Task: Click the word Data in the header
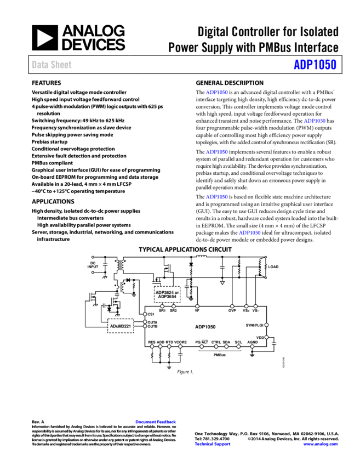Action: click(39, 65)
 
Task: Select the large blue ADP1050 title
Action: click(315, 65)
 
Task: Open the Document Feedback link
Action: click(156, 422)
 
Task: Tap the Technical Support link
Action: click(213, 444)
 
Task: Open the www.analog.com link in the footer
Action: click(321, 444)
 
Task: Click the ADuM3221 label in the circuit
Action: click(121, 326)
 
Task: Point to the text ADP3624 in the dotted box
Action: click(164, 292)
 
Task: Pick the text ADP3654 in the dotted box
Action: click(167, 297)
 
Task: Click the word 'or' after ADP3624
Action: click(176, 292)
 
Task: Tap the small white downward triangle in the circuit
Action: click(222, 283)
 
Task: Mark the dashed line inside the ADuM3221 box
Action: click(121, 333)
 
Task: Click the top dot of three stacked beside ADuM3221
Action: click(145, 314)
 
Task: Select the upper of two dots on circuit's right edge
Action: click(266, 325)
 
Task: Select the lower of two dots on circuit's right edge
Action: click(266, 337)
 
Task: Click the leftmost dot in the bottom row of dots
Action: click(152, 346)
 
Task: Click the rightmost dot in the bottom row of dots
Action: click(252, 346)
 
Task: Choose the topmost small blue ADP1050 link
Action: click(216, 93)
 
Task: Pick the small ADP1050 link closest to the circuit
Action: click(249, 233)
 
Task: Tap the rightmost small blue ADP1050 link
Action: click(315, 121)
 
